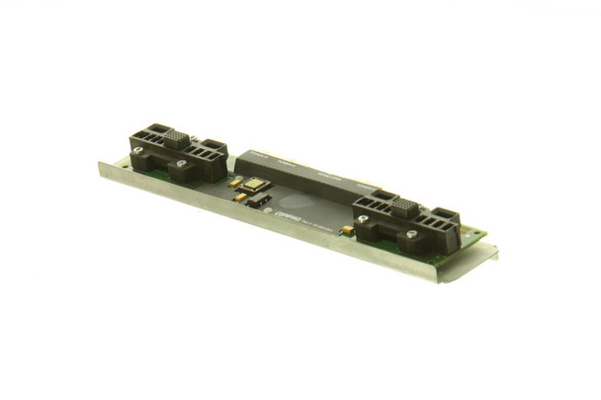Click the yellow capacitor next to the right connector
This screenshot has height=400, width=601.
coord(348,230)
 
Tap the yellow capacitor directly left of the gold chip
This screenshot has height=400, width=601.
coord(234,183)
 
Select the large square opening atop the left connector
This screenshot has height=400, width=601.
coord(150,129)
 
